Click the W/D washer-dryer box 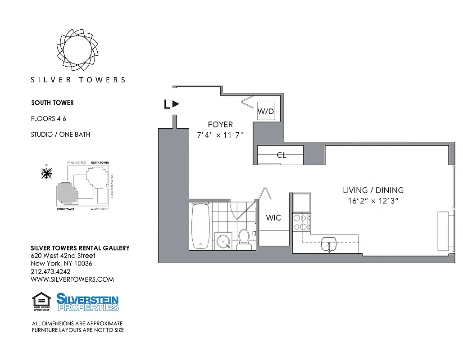(266, 111)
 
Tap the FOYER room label (220, 125)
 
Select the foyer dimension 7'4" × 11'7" (220, 135)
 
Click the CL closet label (281, 155)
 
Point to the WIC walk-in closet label (273, 218)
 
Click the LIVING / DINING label (373, 190)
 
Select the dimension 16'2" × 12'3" (373, 201)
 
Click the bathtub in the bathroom (200, 225)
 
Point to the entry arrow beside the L (176, 104)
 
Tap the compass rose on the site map (46, 172)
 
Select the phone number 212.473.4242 (50, 271)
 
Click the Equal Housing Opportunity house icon (41, 301)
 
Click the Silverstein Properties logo (87, 302)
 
